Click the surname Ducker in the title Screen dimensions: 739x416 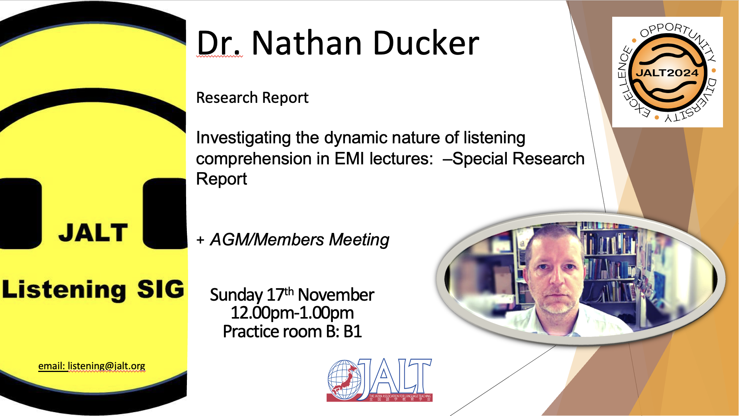click(x=426, y=43)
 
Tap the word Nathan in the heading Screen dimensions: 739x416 click(x=307, y=43)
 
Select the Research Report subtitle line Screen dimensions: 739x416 click(x=252, y=98)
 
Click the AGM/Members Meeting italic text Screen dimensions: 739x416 click(x=300, y=240)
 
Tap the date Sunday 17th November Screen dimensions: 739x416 click(x=292, y=294)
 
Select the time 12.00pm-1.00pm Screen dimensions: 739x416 click(x=292, y=313)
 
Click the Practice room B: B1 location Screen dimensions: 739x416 click(x=292, y=331)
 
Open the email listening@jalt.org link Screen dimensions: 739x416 click(x=92, y=366)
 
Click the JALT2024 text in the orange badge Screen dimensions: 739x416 click(x=667, y=73)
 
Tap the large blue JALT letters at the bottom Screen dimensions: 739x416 click(x=394, y=376)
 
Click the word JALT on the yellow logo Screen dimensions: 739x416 click(x=93, y=233)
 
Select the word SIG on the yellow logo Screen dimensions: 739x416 click(x=160, y=289)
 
